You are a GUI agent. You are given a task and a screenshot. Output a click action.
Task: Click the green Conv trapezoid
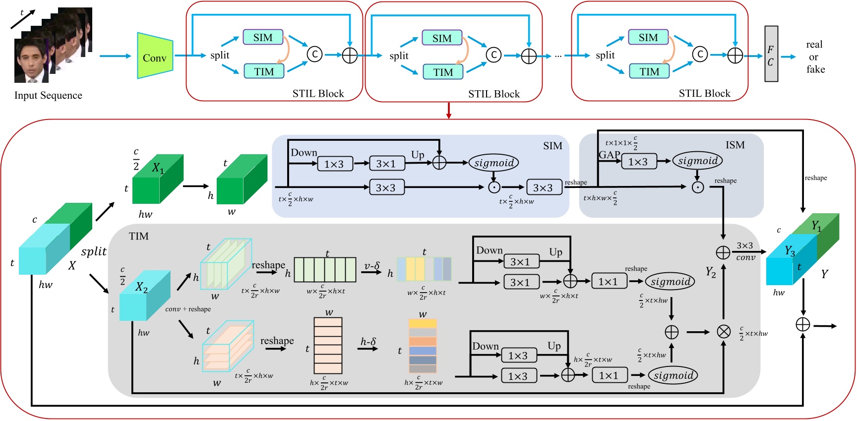click(x=155, y=56)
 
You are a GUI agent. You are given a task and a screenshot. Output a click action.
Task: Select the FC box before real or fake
click(x=771, y=54)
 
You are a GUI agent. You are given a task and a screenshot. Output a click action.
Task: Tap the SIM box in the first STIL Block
click(x=263, y=38)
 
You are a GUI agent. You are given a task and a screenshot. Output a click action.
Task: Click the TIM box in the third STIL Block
click(x=649, y=71)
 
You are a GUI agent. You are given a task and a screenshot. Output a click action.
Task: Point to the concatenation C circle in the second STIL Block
click(x=493, y=55)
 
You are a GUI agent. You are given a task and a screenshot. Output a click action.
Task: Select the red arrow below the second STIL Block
click(x=448, y=110)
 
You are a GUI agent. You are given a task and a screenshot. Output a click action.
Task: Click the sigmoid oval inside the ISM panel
click(x=697, y=161)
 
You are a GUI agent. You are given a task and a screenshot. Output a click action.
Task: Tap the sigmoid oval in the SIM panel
click(x=493, y=163)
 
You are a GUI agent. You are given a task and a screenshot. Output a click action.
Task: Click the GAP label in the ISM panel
click(x=609, y=155)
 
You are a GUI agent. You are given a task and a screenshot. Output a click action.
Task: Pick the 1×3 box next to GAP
click(x=638, y=162)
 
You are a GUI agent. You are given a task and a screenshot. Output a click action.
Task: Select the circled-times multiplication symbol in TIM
click(x=724, y=332)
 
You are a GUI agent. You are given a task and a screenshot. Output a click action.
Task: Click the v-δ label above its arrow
click(x=371, y=266)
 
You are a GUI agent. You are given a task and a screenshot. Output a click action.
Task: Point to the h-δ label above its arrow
click(x=368, y=341)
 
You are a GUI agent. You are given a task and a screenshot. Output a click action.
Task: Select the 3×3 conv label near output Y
click(x=745, y=251)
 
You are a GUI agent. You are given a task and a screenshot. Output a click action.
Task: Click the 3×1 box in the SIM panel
click(x=385, y=164)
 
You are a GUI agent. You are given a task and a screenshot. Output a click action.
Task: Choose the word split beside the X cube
click(x=94, y=251)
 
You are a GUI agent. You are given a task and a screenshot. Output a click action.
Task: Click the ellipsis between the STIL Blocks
click(x=558, y=56)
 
